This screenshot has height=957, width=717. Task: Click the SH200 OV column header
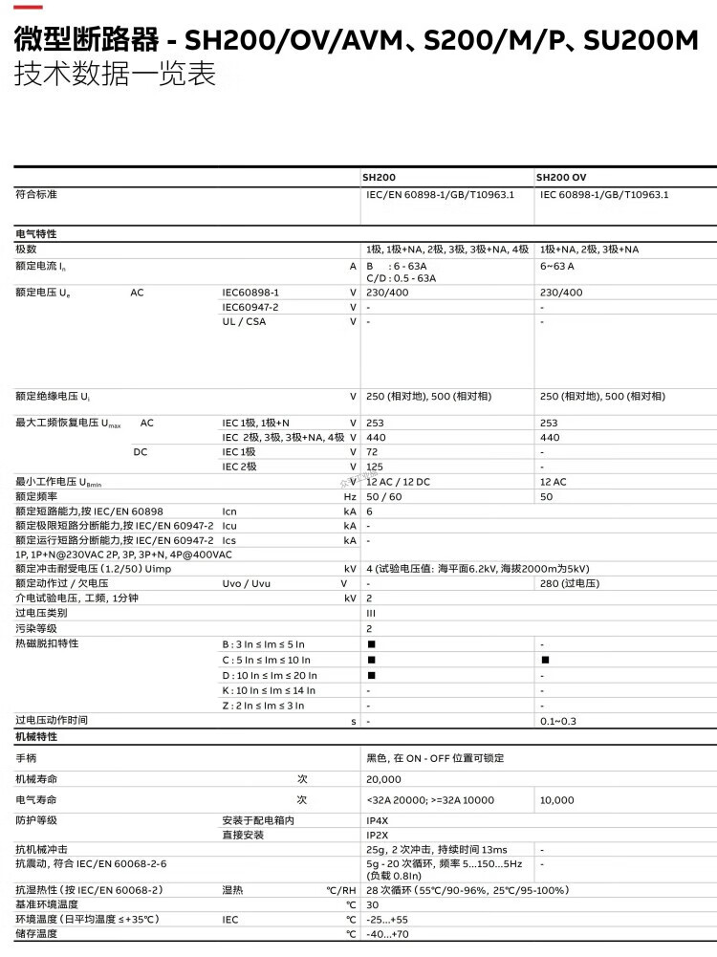pos(561,177)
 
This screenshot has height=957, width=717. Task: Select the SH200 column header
pos(379,177)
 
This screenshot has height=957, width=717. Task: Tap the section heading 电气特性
pos(36,233)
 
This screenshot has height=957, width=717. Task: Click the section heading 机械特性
pos(36,737)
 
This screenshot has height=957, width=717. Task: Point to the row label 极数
pos(27,250)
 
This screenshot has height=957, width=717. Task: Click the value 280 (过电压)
pos(569,583)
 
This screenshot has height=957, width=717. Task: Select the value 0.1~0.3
pos(558,721)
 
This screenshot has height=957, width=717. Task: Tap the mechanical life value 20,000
pos(383,778)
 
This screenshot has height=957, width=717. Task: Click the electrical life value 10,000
pos(557,799)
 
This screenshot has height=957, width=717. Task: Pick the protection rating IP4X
pos(378,820)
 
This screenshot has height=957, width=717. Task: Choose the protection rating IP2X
pos(378,835)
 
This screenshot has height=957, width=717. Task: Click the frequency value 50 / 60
pos(384,497)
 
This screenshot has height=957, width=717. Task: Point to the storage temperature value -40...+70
pos(387,934)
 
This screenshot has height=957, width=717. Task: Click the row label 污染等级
pos(36,628)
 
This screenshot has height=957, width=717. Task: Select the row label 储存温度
pos(36,934)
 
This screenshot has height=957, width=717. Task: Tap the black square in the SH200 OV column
pos(545,660)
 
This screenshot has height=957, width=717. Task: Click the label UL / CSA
pos(244,321)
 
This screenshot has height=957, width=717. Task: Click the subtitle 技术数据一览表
pos(115,75)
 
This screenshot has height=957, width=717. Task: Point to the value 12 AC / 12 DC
pos(399,482)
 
